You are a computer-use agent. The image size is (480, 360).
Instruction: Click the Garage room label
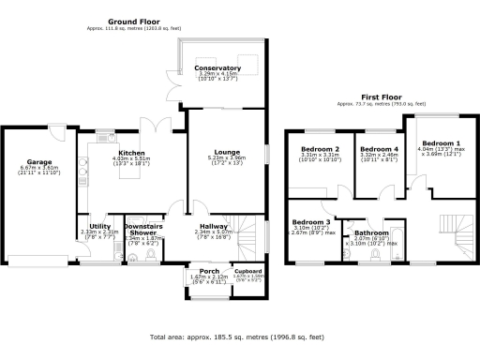pos(37,161)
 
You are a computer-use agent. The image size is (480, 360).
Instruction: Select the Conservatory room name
pos(217,68)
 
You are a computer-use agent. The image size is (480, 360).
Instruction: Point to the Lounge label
pos(226,151)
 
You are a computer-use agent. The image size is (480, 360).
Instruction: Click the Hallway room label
pos(213,226)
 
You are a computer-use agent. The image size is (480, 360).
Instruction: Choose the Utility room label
pos(100,226)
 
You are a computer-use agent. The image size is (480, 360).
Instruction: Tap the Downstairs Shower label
pos(144,229)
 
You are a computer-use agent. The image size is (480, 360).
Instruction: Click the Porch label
pos(197,271)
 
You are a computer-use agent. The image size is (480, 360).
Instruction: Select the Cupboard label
pos(247,271)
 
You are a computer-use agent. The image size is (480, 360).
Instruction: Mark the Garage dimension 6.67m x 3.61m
pos(39,169)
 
